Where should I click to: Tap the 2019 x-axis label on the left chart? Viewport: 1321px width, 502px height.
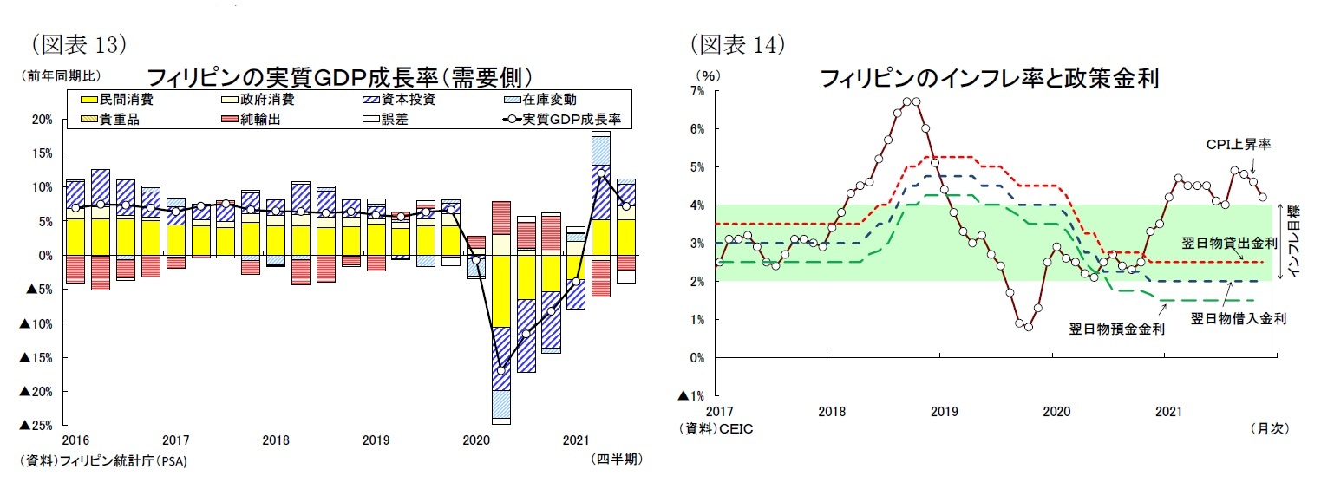point(376,440)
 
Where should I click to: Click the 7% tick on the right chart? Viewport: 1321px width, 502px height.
point(696,91)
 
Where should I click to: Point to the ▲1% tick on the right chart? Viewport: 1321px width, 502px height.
point(692,396)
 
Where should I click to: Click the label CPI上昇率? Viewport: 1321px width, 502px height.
point(1238,145)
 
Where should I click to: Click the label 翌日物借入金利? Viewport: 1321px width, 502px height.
point(1238,318)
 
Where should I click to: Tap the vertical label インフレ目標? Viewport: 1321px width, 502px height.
point(1293,240)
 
